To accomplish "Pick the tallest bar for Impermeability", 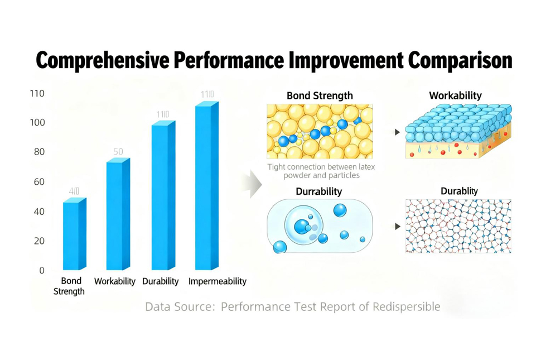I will coord(206,187).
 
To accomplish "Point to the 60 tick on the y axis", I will coord(38,181).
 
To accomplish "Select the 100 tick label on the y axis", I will coord(37,122).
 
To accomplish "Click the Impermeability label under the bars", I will coord(217,281).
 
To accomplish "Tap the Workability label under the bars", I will coord(114,281).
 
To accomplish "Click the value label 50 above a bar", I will coord(118,152).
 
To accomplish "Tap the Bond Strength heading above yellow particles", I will coord(320,95).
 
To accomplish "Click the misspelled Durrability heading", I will coord(318,191).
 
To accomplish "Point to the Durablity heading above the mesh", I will coord(458,191).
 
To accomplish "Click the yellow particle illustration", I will coord(320,132).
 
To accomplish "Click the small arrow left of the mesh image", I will coord(397,227).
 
